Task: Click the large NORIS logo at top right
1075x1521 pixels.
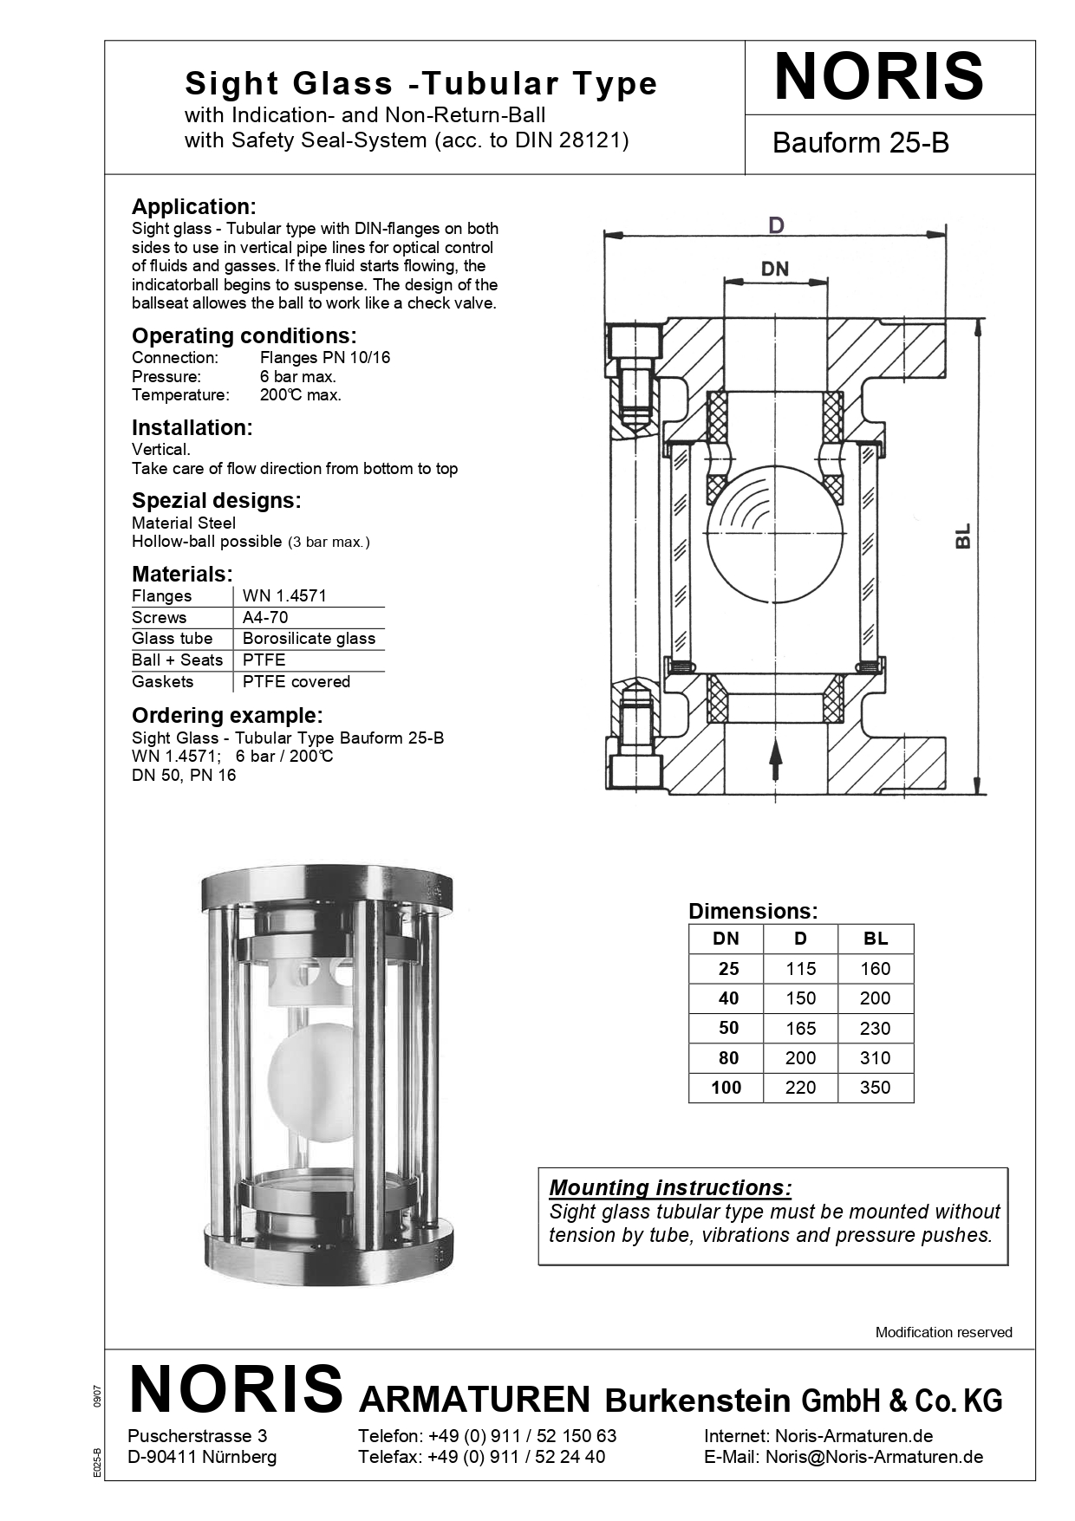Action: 878,77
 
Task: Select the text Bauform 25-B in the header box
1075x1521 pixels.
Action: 860,143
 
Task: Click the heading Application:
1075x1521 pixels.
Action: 193,206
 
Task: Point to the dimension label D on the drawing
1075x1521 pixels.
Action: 776,225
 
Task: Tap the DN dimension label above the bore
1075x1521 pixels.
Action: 774,270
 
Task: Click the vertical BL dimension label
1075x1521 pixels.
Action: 963,536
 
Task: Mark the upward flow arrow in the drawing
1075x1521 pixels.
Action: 776,760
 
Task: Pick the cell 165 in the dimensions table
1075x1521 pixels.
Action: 800,1028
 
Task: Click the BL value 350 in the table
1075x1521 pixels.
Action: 875,1088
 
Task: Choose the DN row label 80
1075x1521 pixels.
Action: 728,1058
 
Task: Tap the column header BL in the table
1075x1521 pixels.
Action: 876,939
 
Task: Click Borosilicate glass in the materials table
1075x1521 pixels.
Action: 309,639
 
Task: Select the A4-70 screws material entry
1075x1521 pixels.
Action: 265,617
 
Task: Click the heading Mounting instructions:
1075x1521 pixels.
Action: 670,1187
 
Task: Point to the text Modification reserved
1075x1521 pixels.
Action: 943,1332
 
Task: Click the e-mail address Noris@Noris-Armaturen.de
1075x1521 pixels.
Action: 873,1457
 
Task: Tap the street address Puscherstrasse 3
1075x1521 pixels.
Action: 197,1436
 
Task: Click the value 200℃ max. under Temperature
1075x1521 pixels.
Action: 300,395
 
